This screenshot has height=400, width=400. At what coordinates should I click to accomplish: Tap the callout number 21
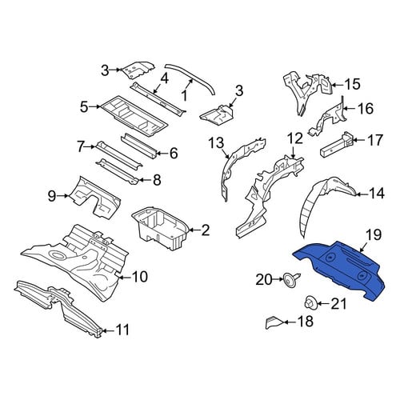[x=338, y=304]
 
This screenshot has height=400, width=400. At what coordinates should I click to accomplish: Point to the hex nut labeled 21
[x=310, y=303]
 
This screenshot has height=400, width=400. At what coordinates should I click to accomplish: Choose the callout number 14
[x=376, y=194]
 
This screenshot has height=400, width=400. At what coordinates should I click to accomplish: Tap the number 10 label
[x=138, y=277]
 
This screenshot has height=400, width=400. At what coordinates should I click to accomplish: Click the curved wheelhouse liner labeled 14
[x=326, y=202]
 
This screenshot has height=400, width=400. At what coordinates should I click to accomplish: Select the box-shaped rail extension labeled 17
[x=337, y=146]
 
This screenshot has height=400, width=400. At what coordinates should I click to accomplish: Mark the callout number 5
[x=84, y=107]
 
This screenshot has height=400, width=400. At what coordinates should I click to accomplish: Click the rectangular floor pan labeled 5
[x=134, y=117]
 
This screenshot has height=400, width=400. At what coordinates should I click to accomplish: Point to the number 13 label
[x=216, y=143]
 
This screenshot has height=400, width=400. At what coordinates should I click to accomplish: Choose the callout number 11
[x=122, y=330]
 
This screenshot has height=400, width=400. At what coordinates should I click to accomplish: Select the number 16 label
[x=366, y=109]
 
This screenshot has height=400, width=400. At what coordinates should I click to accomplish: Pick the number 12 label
[x=295, y=138]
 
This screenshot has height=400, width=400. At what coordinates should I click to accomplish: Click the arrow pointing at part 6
[x=161, y=154]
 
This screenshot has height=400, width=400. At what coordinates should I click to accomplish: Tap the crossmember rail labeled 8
[x=118, y=171]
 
